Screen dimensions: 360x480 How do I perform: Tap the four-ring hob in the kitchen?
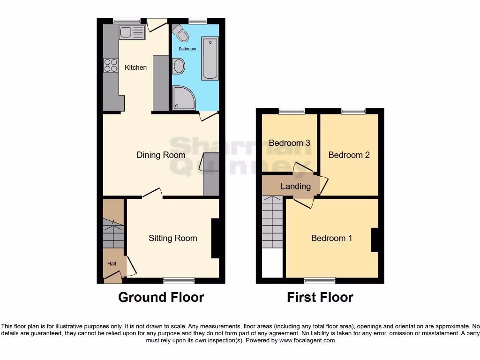[111, 65]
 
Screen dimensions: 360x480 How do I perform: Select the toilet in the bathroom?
[180, 32]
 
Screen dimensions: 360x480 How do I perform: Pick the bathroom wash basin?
[178, 66]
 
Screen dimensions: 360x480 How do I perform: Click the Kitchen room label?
[135, 67]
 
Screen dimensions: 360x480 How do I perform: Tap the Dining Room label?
[161, 155]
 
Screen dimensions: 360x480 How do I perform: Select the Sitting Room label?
[172, 238]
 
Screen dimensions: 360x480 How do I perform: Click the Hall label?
[112, 264]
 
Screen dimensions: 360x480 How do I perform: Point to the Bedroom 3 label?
[289, 143]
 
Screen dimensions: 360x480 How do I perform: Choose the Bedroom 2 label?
[349, 155]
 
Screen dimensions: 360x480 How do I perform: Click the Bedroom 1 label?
[331, 238]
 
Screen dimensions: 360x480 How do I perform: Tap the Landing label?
[295, 186]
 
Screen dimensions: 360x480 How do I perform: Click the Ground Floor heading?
[161, 297]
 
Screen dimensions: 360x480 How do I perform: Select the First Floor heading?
[320, 297]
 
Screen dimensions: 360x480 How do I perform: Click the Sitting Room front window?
[179, 281]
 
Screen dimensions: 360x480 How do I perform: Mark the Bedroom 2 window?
[353, 111]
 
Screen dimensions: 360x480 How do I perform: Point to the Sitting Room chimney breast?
[215, 239]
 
